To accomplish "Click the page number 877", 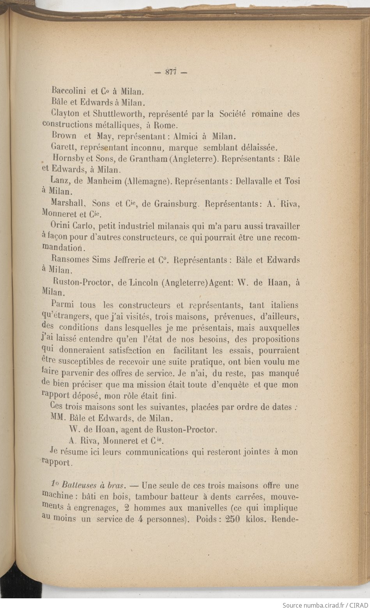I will click(x=171, y=72).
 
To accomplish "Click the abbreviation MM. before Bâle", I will click(x=58, y=418).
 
